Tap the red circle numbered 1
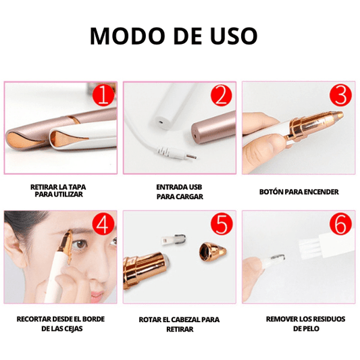point(103,95)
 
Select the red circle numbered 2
point(222,95)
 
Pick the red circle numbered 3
point(340,95)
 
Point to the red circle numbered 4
point(103,224)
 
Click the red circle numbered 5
point(222,224)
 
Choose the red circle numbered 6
point(340,224)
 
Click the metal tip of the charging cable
point(191,157)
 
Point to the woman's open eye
point(80,245)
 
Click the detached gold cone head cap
point(212,252)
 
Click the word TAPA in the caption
point(77,187)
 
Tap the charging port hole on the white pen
point(161,120)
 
